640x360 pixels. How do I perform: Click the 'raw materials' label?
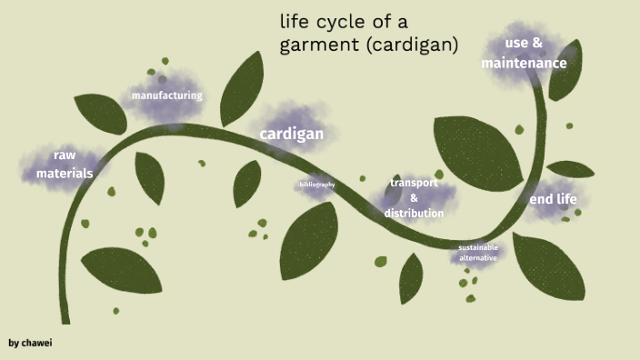(64, 164)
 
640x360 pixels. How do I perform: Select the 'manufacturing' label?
(166, 95)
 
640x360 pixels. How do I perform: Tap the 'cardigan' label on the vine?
(291, 135)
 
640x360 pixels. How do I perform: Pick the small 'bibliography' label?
(316, 185)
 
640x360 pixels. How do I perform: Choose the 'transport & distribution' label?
(414, 198)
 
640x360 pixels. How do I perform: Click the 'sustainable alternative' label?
(477, 253)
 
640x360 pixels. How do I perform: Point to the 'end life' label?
(553, 200)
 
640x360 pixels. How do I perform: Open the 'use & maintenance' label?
(524, 53)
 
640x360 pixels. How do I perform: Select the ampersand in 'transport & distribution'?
(414, 198)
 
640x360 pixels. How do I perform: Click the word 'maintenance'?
(524, 64)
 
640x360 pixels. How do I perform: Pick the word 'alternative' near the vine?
(477, 258)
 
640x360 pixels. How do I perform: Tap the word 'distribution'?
(414, 214)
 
